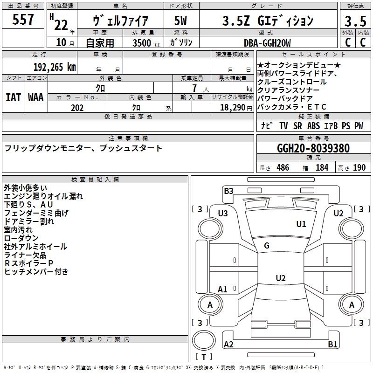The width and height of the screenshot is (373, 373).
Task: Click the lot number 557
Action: [x=23, y=19]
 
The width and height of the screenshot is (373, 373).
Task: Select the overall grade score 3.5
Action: [x=355, y=21]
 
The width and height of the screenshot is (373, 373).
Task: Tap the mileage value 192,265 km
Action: [x=55, y=67]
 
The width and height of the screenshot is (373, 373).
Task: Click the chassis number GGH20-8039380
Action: [x=313, y=148]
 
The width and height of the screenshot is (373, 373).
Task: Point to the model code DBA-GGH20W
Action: [x=267, y=43]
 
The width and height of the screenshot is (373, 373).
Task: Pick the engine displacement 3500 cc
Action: [x=146, y=43]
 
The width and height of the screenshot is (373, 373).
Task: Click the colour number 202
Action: [x=77, y=108]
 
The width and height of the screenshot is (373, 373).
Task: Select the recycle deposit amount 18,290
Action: [x=232, y=108]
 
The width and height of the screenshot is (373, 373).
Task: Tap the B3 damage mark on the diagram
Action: [x=228, y=191]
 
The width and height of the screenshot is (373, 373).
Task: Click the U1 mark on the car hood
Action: [x=301, y=224]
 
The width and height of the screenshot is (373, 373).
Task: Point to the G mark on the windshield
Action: [x=267, y=245]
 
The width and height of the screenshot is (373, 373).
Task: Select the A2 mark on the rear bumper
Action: [x=228, y=344]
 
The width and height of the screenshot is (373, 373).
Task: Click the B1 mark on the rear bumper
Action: [x=332, y=344]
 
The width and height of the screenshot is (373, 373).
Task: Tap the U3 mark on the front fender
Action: [x=223, y=214]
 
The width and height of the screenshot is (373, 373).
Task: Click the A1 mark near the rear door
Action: [x=222, y=289]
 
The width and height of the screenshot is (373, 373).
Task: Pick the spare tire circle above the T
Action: [x=204, y=340]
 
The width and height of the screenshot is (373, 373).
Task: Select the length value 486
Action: [x=283, y=167]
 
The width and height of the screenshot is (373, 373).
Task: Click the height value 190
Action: [x=359, y=167]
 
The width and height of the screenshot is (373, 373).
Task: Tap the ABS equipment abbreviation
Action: [x=313, y=126]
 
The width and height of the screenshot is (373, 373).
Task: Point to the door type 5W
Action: [x=180, y=21]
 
